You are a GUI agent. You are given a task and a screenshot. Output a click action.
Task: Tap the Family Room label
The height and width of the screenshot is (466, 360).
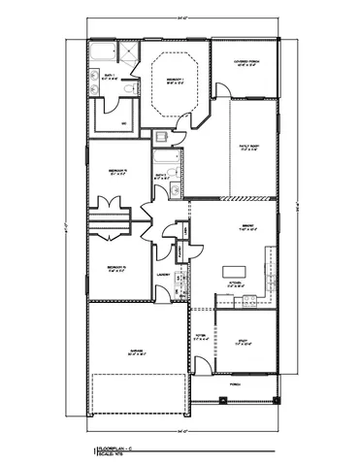pos(247,147)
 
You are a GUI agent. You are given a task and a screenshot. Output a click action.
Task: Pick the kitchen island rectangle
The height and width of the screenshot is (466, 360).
pos(233,270)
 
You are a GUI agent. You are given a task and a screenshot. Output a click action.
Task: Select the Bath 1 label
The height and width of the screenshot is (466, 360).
pos(110,75)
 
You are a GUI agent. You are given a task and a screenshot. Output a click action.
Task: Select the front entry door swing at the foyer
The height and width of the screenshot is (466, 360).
pos(201,366)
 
